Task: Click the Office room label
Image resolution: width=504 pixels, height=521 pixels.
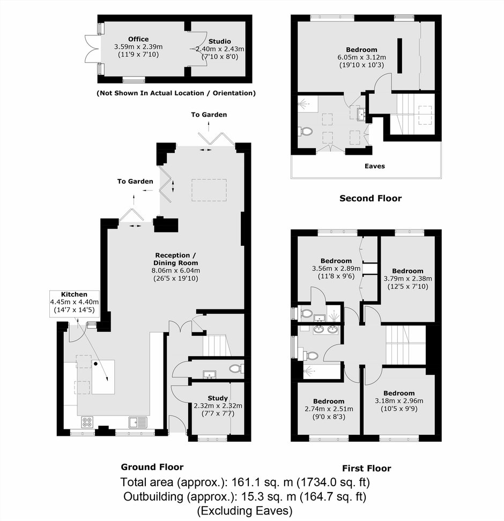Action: tap(138, 39)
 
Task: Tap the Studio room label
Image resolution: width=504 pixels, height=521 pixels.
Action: tap(220, 42)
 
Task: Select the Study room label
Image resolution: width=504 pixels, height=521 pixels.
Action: tap(218, 398)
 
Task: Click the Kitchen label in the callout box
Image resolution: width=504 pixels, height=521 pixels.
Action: tap(74, 295)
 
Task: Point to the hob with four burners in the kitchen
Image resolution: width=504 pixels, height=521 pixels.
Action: tap(87, 422)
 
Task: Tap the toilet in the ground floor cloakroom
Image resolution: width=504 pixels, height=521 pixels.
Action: tap(236, 368)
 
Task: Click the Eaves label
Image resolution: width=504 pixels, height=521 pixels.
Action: tap(375, 166)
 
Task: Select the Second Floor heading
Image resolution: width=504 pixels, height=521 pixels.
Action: tap(370, 198)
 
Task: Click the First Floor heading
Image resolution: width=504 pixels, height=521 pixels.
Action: tap(367, 469)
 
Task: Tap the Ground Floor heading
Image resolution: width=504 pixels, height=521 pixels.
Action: tap(152, 467)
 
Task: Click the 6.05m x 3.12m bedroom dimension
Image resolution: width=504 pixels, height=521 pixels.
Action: tap(361, 57)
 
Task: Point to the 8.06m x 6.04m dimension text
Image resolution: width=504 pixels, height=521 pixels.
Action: tap(176, 270)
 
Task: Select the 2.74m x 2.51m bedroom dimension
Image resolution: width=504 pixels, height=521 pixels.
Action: tap(329, 409)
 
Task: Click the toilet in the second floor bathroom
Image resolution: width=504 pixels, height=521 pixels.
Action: tap(306, 131)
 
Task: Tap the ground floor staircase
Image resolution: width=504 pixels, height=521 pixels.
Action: tap(217, 345)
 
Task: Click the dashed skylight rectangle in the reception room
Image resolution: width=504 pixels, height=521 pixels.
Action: tap(209, 190)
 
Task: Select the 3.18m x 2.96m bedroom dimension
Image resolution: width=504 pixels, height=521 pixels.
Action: tap(399, 401)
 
